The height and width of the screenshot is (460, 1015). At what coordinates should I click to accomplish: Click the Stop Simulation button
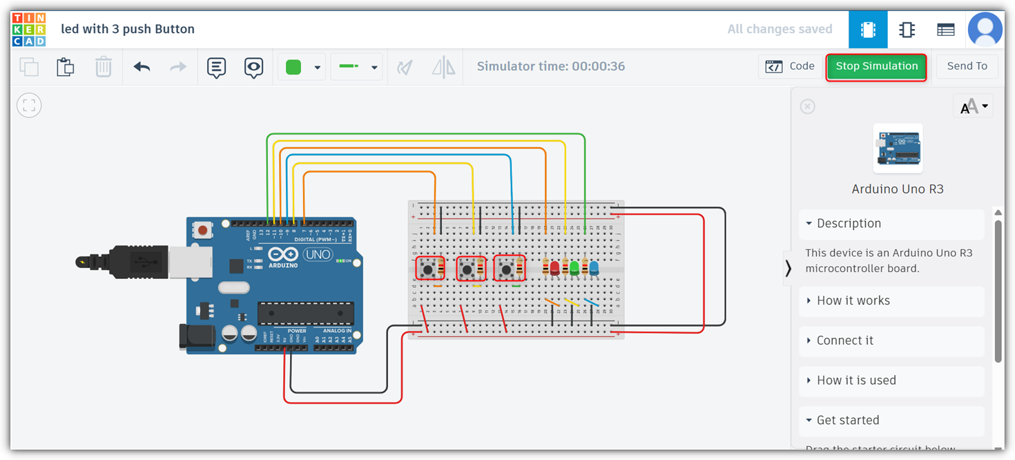[876, 66]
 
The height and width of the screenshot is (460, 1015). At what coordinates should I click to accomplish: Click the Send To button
[967, 66]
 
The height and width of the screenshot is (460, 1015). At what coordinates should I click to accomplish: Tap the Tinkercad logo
[28, 29]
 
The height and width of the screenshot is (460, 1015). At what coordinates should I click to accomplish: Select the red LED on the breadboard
[554, 268]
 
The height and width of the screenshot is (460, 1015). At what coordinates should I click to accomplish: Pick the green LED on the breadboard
[574, 268]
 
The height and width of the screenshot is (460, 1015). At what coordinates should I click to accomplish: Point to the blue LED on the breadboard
[594, 268]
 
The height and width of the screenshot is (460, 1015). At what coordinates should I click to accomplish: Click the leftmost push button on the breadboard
[428, 269]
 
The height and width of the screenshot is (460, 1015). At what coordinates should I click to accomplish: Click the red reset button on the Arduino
[202, 229]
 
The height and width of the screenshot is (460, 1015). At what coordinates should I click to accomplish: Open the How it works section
[853, 300]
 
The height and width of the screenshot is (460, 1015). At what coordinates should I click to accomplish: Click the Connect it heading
[845, 341]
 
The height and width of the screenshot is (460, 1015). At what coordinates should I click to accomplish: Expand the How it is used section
[856, 381]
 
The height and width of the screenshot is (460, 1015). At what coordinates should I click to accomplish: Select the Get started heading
[848, 420]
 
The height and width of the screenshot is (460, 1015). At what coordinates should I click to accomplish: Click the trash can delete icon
[103, 67]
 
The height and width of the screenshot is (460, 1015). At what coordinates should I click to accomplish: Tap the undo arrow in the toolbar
[142, 67]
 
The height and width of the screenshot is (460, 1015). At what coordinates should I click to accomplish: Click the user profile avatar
[985, 29]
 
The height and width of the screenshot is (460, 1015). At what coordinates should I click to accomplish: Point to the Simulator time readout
[551, 66]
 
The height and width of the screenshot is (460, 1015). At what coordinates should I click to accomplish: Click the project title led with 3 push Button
[128, 29]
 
